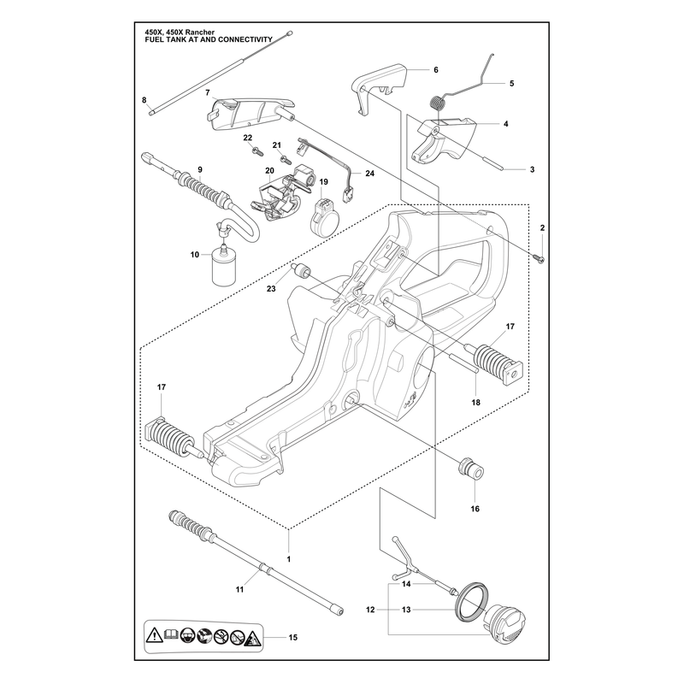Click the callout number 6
pyautogui.click(x=436, y=70)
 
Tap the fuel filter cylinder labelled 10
pyautogui.click(x=224, y=266)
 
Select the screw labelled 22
pyautogui.click(x=258, y=152)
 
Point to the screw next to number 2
pyautogui.click(x=541, y=260)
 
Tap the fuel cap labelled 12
pyautogui.click(x=504, y=622)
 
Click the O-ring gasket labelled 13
pyautogui.click(x=471, y=599)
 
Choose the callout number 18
pyautogui.click(x=475, y=402)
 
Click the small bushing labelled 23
pyautogui.click(x=300, y=271)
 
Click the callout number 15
pyautogui.click(x=292, y=637)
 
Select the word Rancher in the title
pyautogui.click(x=200, y=32)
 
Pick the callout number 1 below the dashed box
pyautogui.click(x=288, y=559)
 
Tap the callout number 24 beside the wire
pyautogui.click(x=369, y=174)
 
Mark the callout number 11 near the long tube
pyautogui.click(x=239, y=589)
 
